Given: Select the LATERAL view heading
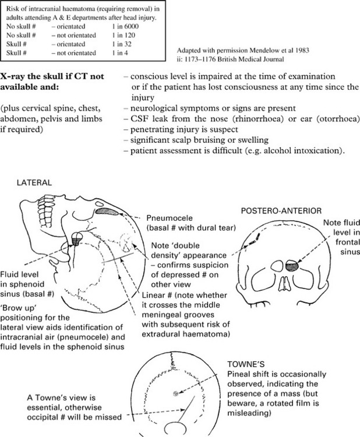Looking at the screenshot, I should pyautogui.click(x=35, y=182).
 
